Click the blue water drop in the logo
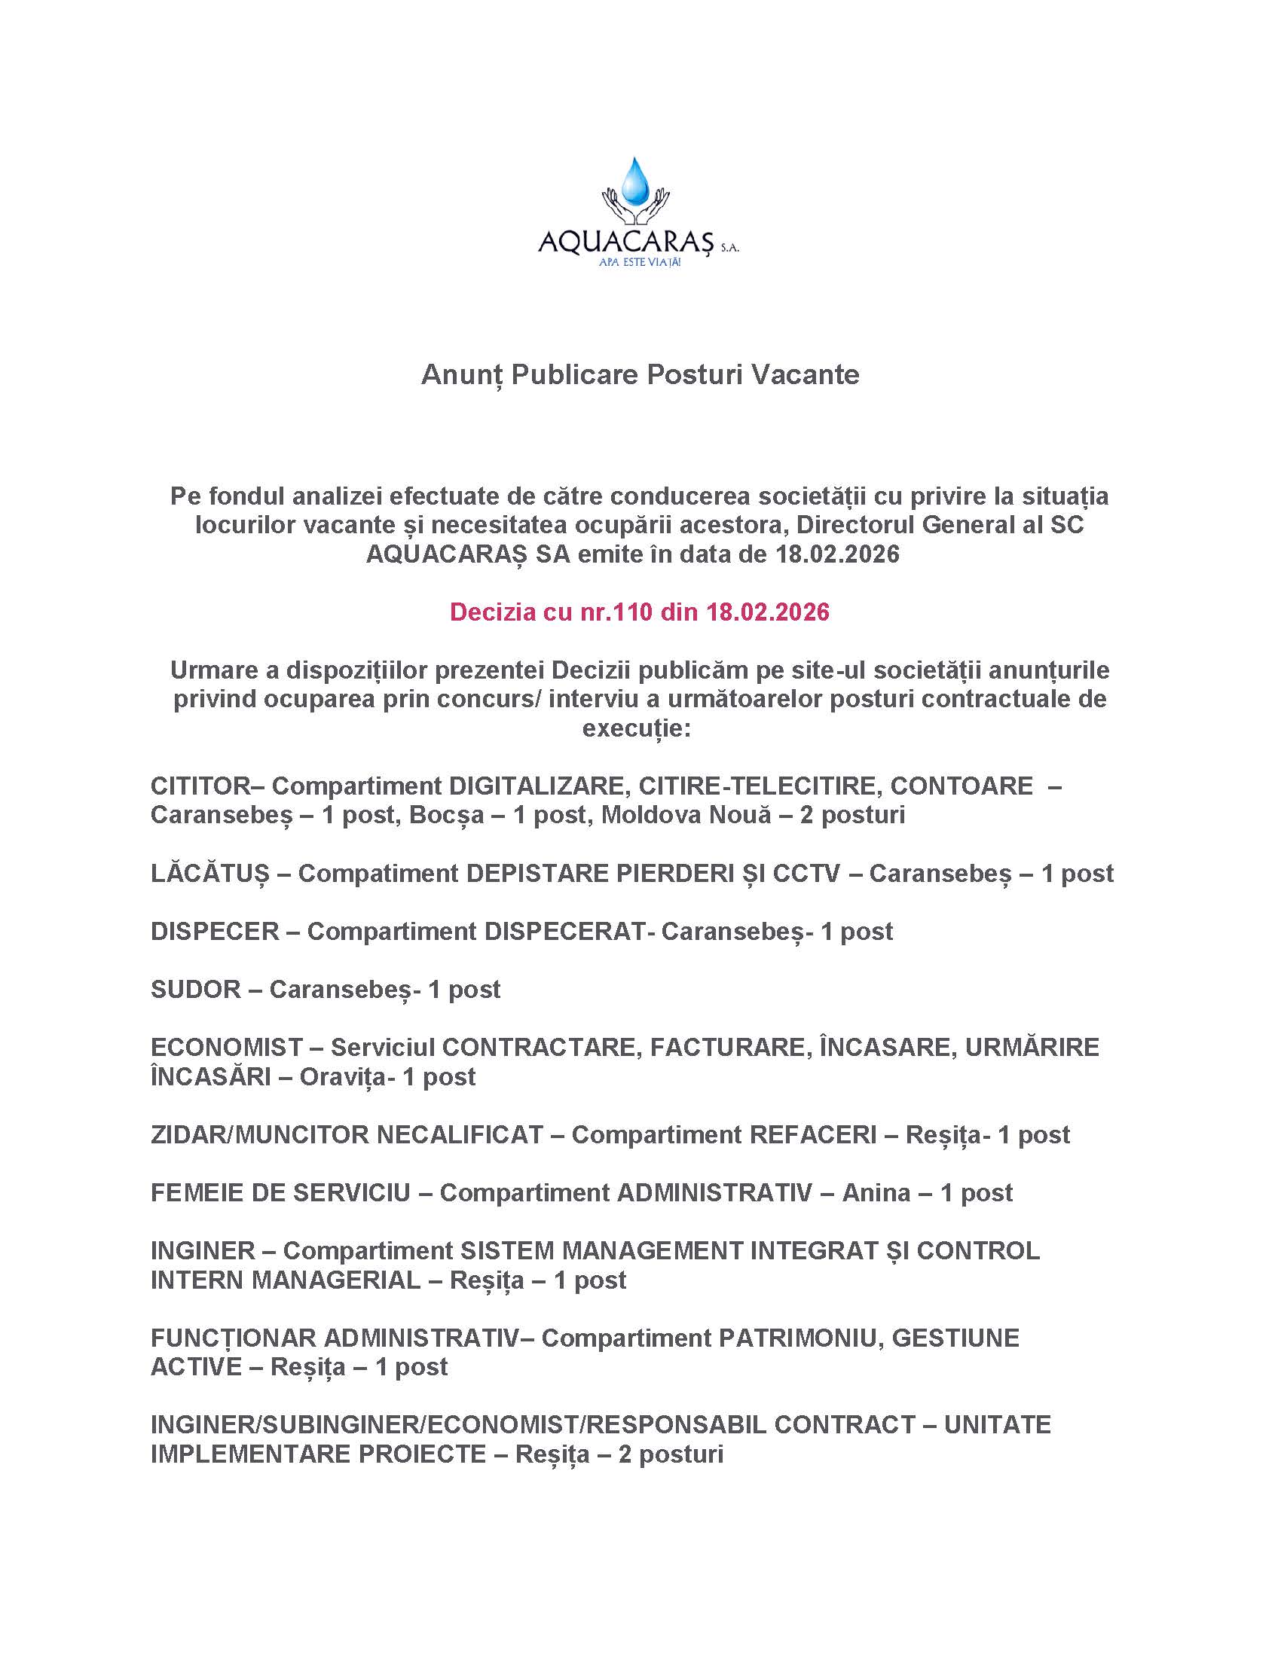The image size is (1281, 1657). (635, 183)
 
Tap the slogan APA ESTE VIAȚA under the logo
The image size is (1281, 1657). (639, 263)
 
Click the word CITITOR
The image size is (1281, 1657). (200, 786)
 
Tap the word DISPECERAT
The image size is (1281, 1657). (564, 931)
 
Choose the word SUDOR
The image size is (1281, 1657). (195, 990)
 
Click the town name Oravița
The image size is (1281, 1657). (342, 1076)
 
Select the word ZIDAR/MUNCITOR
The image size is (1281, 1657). (259, 1134)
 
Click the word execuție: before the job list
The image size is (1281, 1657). (637, 728)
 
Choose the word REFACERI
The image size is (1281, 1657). (813, 1134)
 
